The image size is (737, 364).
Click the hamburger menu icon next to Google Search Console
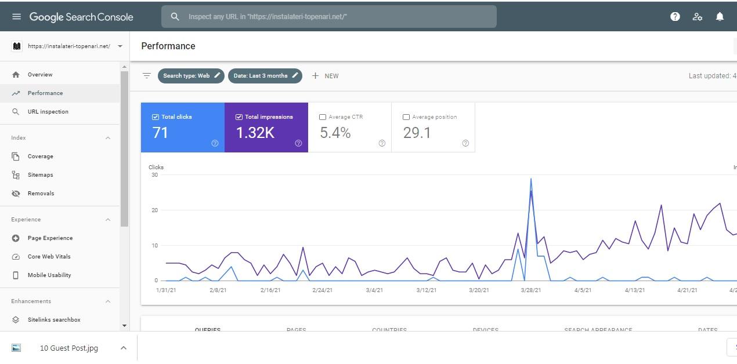16,17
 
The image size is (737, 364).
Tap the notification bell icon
720,17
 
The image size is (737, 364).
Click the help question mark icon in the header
675,17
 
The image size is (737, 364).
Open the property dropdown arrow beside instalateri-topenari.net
120,46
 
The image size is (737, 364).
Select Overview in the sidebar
40,75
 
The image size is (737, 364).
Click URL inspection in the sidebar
48,112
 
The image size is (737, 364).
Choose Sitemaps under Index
40,175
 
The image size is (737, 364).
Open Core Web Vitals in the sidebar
49,257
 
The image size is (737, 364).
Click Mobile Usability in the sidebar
49,275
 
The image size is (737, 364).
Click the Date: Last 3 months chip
265,76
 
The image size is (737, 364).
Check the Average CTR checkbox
323,117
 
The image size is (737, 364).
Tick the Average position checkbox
406,117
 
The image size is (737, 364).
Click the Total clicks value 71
160,133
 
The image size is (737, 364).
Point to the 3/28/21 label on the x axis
531,290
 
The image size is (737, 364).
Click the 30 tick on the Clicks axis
154,174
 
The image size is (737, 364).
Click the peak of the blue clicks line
530,179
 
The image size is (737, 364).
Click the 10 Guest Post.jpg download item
68,348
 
